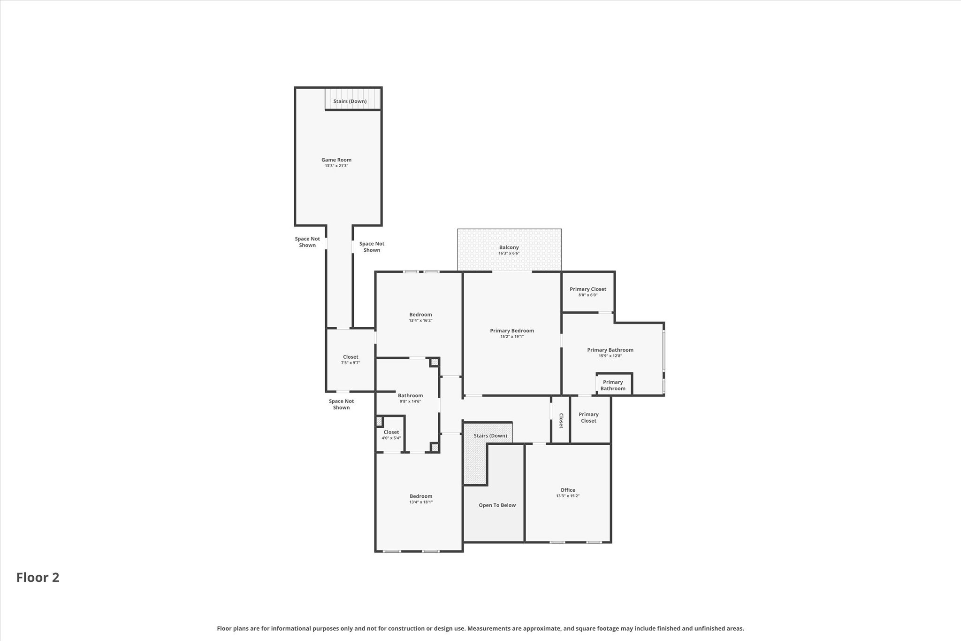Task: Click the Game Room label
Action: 336,160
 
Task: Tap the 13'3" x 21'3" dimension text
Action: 336,166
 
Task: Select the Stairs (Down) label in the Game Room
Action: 350,101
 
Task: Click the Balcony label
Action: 509,247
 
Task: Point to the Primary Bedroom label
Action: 511,331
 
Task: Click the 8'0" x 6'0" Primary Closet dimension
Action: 587,295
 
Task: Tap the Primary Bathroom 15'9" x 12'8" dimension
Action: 610,356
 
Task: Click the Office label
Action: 567,490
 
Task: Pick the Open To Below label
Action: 497,505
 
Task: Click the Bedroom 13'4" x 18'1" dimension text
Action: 420,502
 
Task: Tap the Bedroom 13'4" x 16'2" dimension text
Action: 420,321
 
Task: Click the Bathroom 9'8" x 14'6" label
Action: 410,395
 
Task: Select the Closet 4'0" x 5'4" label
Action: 391,432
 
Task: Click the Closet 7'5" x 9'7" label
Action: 350,357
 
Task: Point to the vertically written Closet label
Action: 560,420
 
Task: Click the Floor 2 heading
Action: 38,578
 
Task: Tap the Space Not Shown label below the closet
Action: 341,404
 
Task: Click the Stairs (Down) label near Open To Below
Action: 490,436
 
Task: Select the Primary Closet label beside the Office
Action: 588,417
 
